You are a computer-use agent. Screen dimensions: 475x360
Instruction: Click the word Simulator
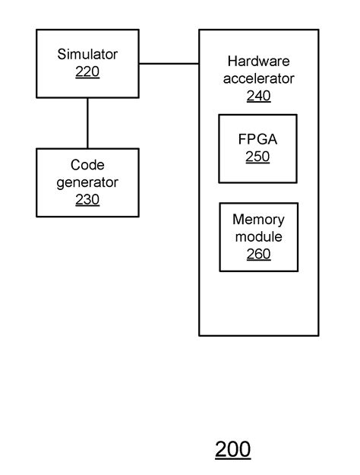coord(87,55)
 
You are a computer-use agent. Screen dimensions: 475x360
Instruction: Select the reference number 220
coord(87,72)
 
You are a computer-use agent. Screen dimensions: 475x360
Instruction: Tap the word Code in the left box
coord(87,165)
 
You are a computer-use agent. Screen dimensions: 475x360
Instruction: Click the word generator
coord(87,182)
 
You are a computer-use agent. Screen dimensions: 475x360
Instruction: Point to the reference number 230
coord(87,200)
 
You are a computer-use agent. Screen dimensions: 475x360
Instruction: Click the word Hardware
coord(258,61)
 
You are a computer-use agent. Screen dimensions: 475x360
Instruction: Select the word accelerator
coord(258,78)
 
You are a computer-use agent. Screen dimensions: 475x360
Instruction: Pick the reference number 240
coord(258,96)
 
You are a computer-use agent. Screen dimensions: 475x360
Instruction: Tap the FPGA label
coord(258,140)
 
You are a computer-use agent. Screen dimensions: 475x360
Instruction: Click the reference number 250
coord(258,157)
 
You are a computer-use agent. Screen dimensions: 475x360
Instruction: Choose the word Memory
coord(258,220)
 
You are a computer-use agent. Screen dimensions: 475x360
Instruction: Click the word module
coord(258,237)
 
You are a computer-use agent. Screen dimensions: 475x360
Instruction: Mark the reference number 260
coord(258,255)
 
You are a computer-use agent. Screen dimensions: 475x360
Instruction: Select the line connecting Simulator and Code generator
coord(87,122)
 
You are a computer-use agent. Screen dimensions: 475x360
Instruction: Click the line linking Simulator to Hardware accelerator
coord(169,64)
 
